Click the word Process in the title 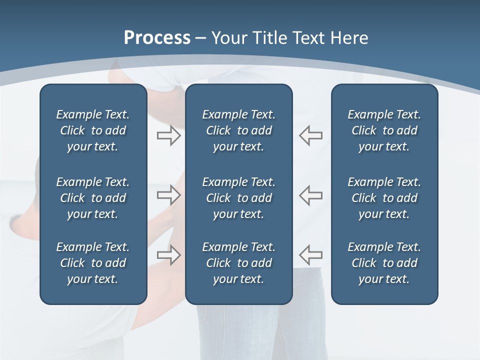pyautogui.click(x=157, y=38)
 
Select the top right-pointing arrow pyautogui.click(x=168, y=135)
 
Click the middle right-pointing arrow pyautogui.click(x=168, y=195)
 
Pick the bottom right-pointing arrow pyautogui.click(x=168, y=255)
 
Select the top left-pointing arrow pyautogui.click(x=311, y=135)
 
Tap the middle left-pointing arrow pyautogui.click(x=311, y=195)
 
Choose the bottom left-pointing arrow pyautogui.click(x=311, y=255)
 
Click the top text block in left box pyautogui.click(x=93, y=130)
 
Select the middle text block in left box pyautogui.click(x=93, y=198)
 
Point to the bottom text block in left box pyautogui.click(x=93, y=263)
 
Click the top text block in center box pyautogui.click(x=238, y=130)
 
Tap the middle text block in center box pyautogui.click(x=238, y=198)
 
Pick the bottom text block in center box pyautogui.click(x=238, y=263)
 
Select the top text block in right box pyautogui.click(x=384, y=130)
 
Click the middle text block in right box pyautogui.click(x=384, y=198)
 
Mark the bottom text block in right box pyautogui.click(x=384, y=263)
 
